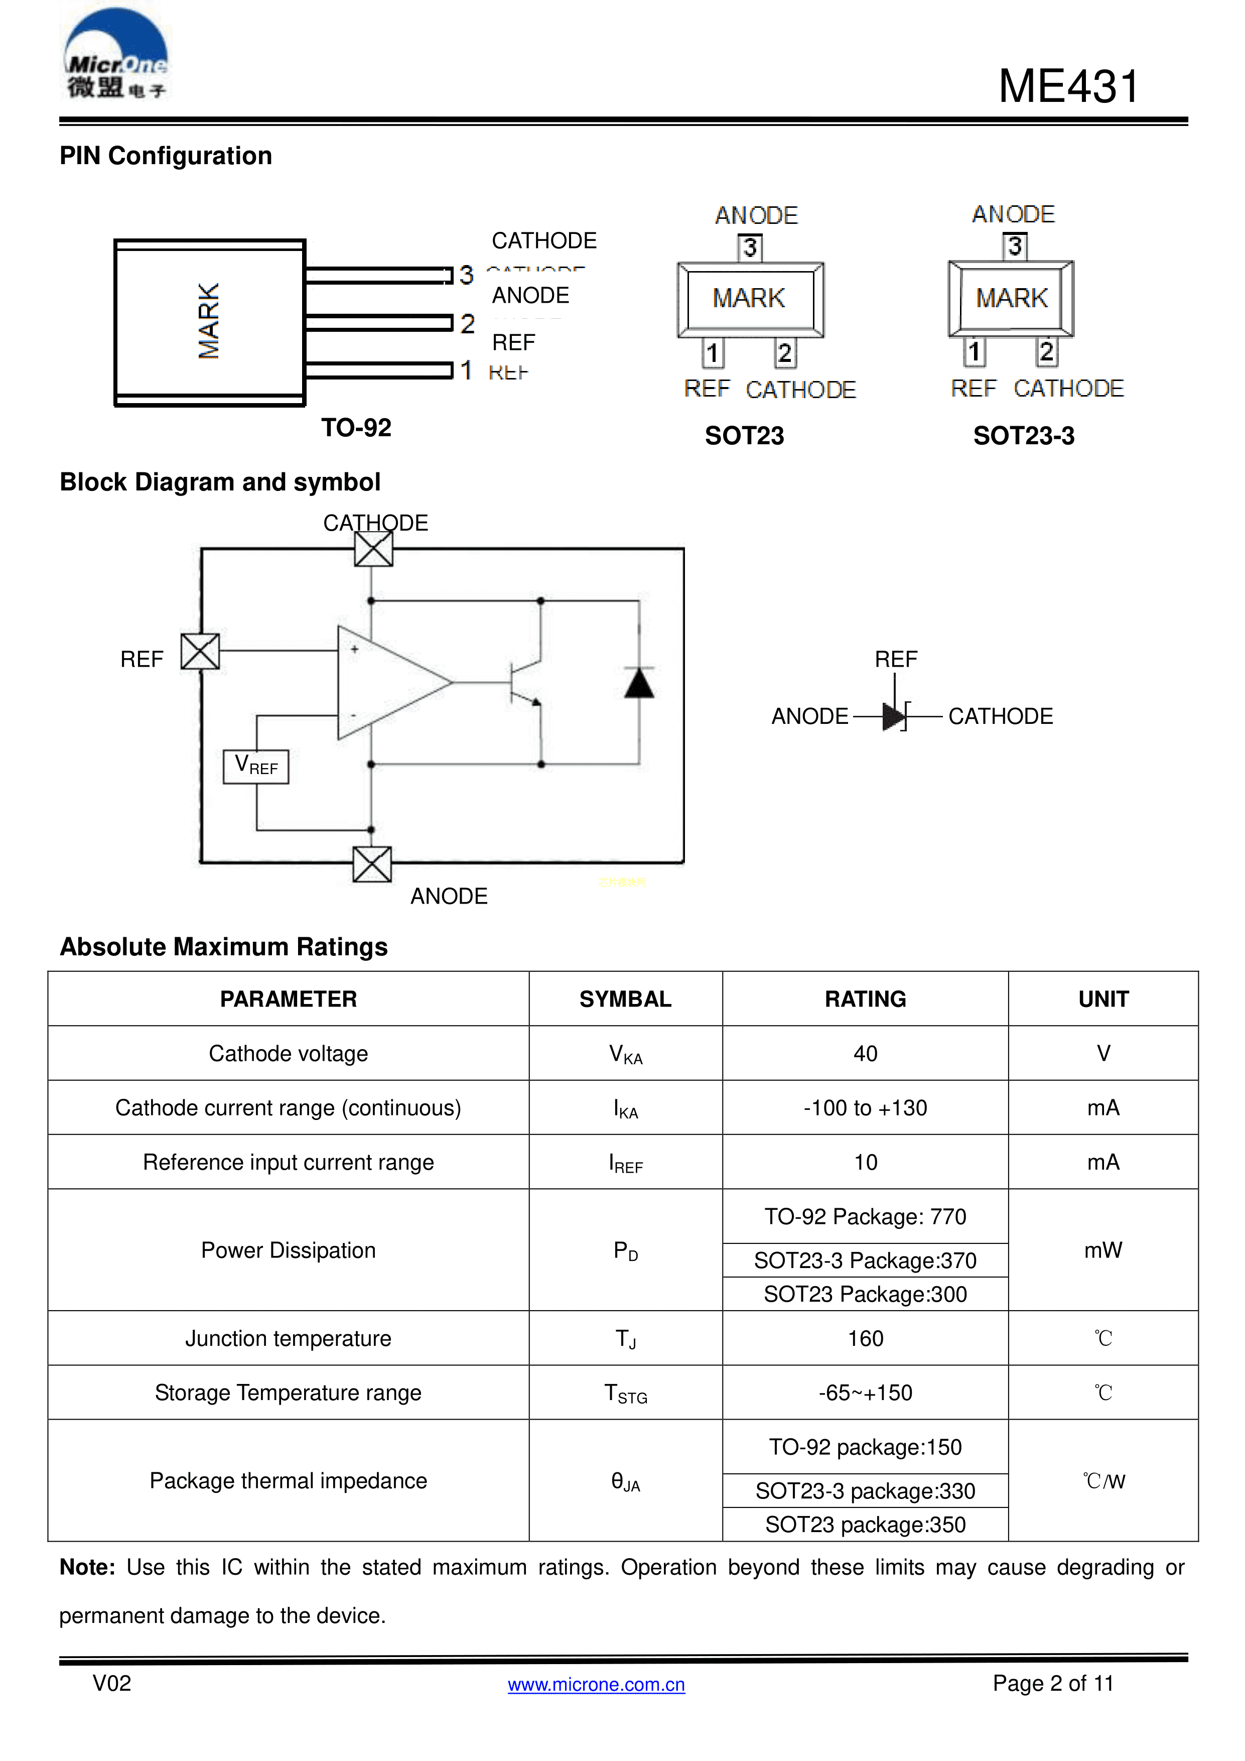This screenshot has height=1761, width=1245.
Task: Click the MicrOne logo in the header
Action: (115, 55)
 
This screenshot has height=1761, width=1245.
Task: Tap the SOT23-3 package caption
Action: (1023, 436)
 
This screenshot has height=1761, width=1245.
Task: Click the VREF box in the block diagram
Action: (256, 766)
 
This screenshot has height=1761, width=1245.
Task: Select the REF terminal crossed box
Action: (200, 651)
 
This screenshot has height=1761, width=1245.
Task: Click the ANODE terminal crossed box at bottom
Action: (372, 864)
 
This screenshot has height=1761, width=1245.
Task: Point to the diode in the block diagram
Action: (639, 683)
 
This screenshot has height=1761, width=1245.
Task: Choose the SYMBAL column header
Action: (625, 998)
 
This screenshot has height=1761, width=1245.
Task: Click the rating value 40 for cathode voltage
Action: (865, 1053)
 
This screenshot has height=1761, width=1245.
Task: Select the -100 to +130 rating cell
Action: (865, 1107)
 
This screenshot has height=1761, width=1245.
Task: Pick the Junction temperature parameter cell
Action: (288, 1338)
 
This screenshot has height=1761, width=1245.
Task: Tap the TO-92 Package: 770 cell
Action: (865, 1216)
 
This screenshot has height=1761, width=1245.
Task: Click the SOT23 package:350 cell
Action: (865, 1524)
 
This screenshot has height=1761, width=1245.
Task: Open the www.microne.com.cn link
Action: (596, 1684)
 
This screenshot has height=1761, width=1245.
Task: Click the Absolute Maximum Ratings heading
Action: (224, 946)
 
